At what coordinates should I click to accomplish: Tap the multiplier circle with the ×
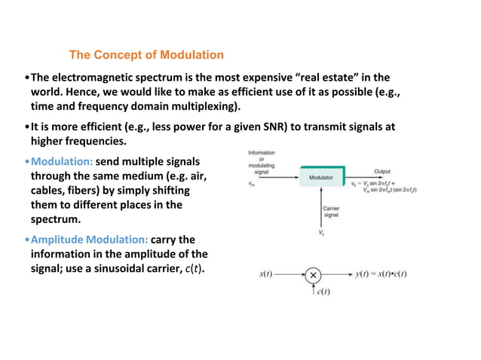[313, 274]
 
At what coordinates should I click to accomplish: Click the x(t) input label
[265, 274]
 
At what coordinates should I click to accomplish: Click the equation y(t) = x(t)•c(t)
[381, 274]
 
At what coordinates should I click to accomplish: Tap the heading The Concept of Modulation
[146, 55]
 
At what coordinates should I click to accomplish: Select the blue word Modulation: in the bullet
[62, 162]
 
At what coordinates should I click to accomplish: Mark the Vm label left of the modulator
[251, 182]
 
